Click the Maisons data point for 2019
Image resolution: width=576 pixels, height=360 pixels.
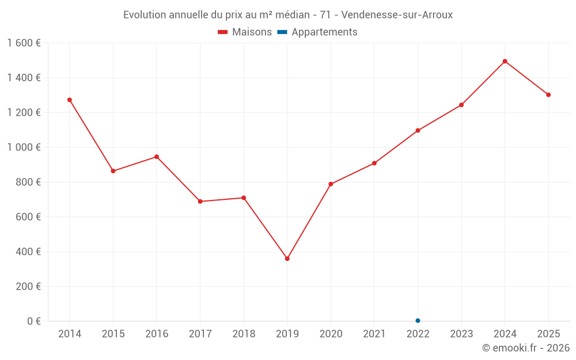click(x=287, y=259)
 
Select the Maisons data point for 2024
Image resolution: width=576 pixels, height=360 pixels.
click(x=505, y=61)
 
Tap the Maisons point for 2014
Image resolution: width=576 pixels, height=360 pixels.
click(x=70, y=100)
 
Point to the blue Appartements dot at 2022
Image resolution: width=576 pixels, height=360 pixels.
click(x=418, y=321)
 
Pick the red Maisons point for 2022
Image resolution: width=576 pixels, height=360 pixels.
click(x=418, y=130)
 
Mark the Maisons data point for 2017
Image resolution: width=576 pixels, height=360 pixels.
click(x=200, y=202)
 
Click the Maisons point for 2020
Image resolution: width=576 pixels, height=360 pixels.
click(x=331, y=184)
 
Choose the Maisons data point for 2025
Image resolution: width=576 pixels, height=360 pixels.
click(x=548, y=95)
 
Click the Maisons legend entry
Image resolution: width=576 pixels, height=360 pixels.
click(x=245, y=32)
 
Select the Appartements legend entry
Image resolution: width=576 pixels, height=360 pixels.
click(x=317, y=32)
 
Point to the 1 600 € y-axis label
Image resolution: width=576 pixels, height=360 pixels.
click(x=24, y=43)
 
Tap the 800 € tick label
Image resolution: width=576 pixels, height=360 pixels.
click(x=28, y=182)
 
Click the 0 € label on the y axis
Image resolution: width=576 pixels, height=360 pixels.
click(x=33, y=321)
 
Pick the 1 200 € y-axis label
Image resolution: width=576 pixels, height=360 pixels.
click(x=24, y=112)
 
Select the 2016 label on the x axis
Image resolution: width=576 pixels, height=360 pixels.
click(x=157, y=334)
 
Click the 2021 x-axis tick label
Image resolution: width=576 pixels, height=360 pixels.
click(x=374, y=334)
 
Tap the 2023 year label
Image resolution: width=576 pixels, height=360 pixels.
click(x=461, y=334)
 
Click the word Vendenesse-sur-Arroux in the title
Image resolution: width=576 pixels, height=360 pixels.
click(x=397, y=15)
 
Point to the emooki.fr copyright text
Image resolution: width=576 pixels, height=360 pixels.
click(x=526, y=348)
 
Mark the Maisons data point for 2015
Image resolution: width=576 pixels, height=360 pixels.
click(x=113, y=171)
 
